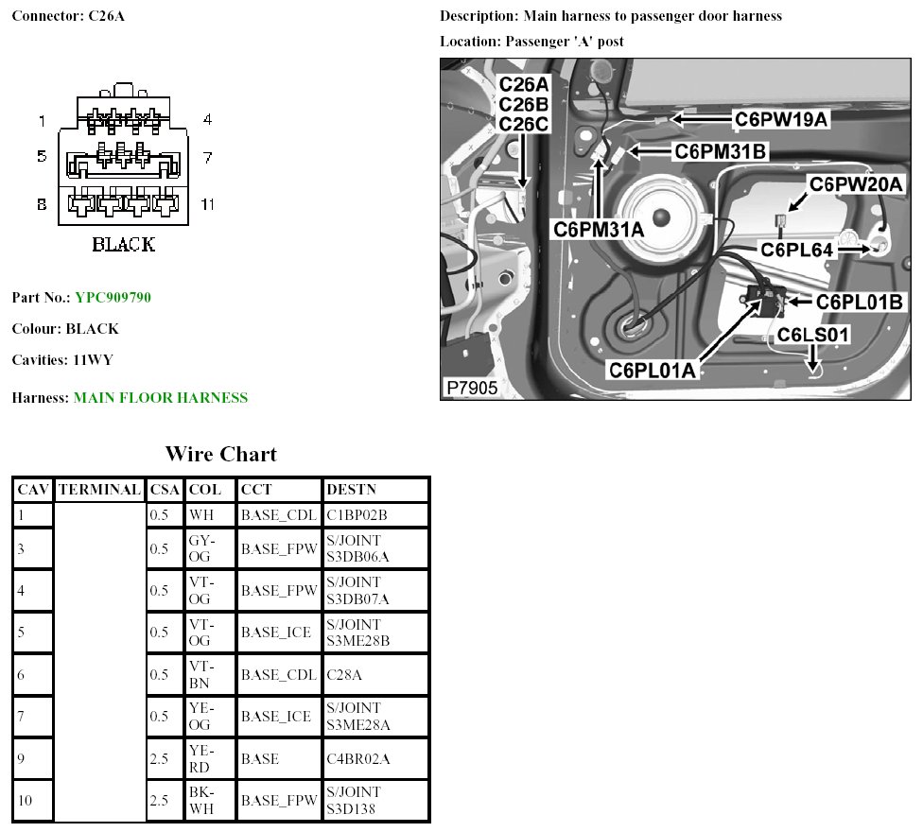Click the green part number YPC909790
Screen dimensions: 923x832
113,297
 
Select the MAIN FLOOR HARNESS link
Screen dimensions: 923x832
161,398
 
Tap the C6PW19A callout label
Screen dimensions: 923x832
781,119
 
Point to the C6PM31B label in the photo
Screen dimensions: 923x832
720,152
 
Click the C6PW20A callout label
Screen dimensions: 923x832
856,184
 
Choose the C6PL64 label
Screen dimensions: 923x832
797,250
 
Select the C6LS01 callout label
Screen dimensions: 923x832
813,335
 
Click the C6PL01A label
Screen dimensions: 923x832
653,370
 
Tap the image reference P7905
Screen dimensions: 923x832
472,388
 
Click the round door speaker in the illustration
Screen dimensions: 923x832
661,217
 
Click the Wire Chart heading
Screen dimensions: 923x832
221,454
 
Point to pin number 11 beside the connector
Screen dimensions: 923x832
207,204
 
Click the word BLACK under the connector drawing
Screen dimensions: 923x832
124,244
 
